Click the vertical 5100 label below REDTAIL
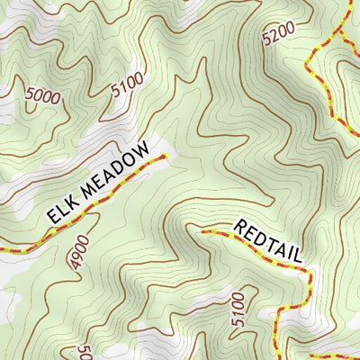[x=238, y=309]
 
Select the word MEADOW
[x=115, y=174]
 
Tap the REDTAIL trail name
[x=269, y=240]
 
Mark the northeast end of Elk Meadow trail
[x=165, y=156]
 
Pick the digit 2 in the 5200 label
[x=274, y=36]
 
